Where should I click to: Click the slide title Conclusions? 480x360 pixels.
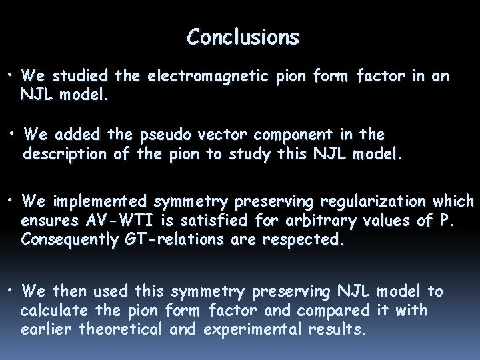point(243,37)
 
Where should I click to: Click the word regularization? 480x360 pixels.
point(367,201)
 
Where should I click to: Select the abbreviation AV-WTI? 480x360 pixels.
point(114,221)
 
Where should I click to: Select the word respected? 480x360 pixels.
point(306,240)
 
